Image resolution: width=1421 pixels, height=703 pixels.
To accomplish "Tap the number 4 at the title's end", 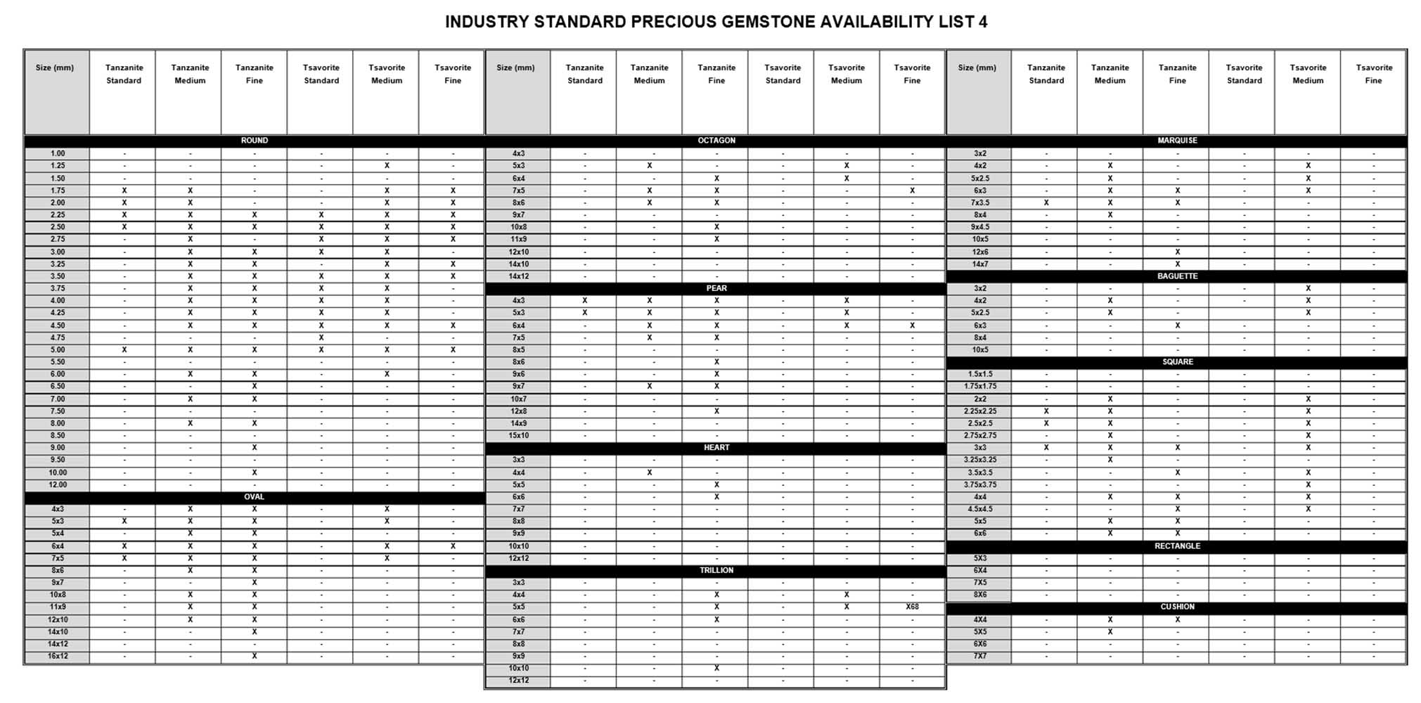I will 982,22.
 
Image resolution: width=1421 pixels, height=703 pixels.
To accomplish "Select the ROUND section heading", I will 254,141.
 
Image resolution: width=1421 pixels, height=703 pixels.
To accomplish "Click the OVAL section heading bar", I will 254,497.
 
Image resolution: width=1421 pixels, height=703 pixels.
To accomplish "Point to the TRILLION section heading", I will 716,570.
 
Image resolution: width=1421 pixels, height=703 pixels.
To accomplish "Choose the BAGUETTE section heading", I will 1177,276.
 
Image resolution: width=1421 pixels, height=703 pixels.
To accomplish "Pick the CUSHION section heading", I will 1177,607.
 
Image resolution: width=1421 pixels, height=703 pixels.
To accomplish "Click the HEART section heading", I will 716,448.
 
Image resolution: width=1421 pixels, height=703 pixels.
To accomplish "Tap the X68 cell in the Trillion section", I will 912,607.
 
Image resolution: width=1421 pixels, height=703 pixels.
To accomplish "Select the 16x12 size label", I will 58,656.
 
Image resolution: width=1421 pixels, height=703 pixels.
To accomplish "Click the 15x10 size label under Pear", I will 518,435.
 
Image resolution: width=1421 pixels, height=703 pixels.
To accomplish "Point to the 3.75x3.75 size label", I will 980,484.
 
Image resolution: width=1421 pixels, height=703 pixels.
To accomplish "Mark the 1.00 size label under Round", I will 58,153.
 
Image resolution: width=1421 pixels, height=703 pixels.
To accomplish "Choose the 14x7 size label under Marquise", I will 980,264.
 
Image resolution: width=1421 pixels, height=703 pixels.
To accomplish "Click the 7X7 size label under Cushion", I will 980,656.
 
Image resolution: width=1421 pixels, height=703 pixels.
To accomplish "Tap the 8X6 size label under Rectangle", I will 980,595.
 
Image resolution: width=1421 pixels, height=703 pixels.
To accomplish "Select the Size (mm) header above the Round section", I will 55,68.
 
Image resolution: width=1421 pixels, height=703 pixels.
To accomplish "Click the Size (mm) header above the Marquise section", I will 977,68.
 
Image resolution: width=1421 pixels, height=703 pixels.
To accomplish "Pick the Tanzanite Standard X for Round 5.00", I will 124,349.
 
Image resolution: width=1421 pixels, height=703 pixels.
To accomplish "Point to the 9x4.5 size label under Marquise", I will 980,227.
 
